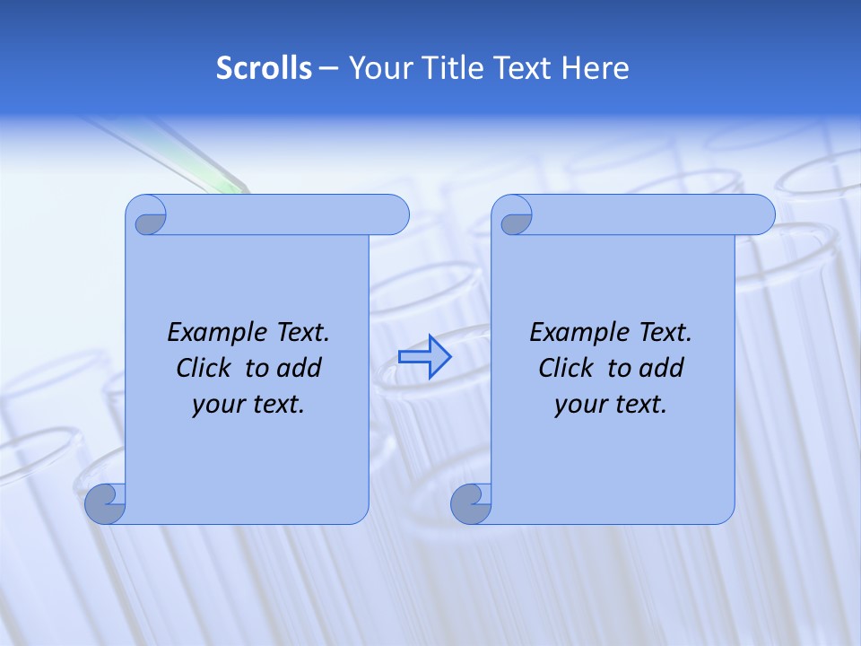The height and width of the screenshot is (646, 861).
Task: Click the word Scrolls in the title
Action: click(264, 68)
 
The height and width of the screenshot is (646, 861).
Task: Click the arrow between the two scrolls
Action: click(424, 357)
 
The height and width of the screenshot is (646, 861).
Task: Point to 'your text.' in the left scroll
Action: click(248, 404)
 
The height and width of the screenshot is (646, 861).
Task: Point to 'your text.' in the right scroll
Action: click(611, 404)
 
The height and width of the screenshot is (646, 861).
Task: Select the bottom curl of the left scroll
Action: click(105, 503)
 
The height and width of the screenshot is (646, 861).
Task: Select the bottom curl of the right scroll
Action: click(471, 503)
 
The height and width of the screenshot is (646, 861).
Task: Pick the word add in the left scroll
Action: click(300, 368)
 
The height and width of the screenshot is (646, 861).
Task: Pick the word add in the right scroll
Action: click(662, 368)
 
